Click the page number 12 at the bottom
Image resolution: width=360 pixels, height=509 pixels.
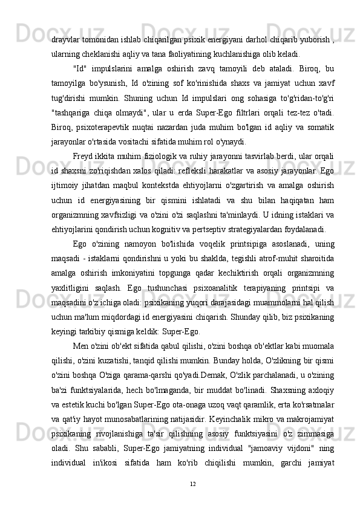[x=192, y=484]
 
